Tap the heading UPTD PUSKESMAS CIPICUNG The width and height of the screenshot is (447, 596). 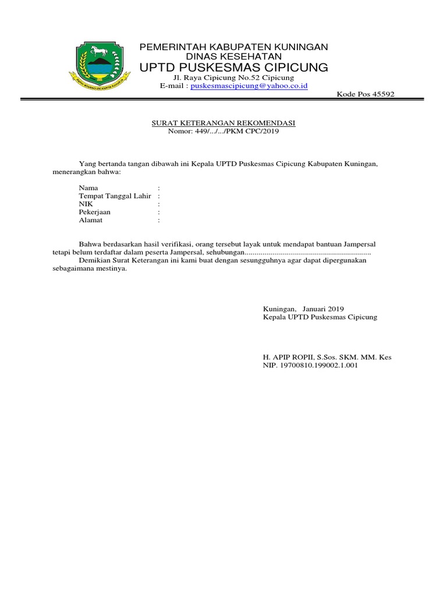pyautogui.click(x=234, y=68)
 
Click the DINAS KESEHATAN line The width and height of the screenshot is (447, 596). pyautogui.click(x=234, y=56)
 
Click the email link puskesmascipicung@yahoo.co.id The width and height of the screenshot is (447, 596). pyautogui.click(x=252, y=86)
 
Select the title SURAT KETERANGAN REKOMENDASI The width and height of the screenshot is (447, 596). pyautogui.click(x=223, y=123)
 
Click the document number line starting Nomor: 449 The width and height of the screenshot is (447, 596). pyautogui.click(x=223, y=131)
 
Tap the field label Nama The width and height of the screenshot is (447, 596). pyautogui.click(x=88, y=188)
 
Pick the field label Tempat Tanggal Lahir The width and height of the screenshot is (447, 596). pyautogui.click(x=115, y=196)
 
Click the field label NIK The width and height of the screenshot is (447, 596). pyautogui.click(x=86, y=204)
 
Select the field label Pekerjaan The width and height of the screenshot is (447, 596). pyautogui.click(x=95, y=212)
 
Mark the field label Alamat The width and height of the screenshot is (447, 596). pyautogui.click(x=91, y=221)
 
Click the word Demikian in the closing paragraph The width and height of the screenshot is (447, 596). pyautogui.click(x=94, y=261)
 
